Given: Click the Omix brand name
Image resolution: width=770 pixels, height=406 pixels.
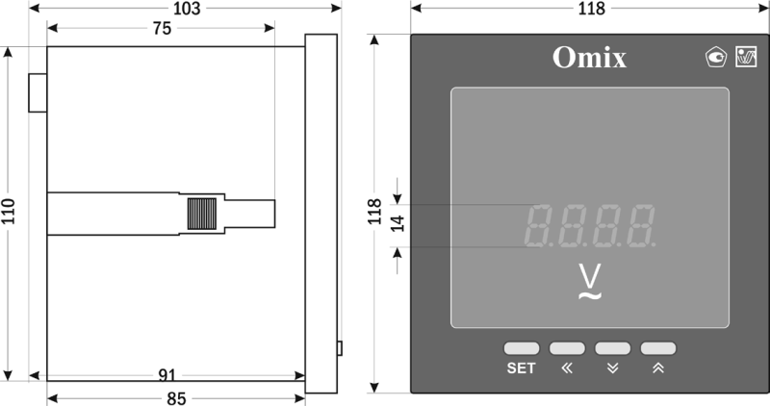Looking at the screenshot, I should [x=589, y=59].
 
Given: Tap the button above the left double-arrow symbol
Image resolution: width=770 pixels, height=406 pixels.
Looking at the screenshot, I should [x=567, y=348].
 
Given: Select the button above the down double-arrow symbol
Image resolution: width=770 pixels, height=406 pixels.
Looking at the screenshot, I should [x=612, y=348].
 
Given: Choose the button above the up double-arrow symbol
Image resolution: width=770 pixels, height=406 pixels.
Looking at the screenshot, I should [x=658, y=348].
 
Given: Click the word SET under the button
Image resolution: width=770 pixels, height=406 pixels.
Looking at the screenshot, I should [x=521, y=368].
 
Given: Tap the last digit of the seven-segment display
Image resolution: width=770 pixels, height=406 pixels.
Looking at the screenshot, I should [x=639, y=226].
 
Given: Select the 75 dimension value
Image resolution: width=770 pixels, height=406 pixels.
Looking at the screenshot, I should [x=161, y=29].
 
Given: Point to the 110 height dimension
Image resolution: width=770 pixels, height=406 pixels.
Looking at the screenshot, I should [x=9, y=212].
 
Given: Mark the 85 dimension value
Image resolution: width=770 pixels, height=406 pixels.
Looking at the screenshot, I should [x=176, y=396].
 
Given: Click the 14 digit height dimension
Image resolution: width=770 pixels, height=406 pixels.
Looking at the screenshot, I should [x=395, y=225].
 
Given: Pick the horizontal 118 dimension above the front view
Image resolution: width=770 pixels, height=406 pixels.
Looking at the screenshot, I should [x=590, y=9].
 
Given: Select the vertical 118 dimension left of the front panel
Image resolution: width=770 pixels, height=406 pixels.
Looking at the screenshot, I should [x=375, y=212].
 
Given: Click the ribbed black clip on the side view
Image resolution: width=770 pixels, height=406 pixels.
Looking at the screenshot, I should [x=201, y=214].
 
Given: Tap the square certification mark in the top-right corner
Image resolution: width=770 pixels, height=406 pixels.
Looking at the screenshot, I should [x=745, y=58].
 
